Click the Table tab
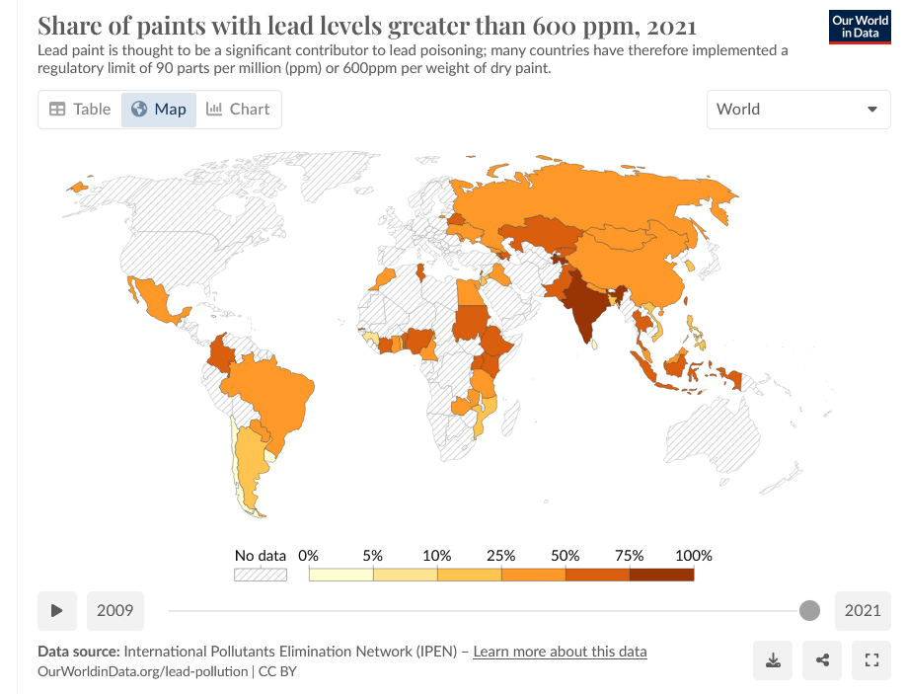click(80, 110)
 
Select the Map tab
click(159, 110)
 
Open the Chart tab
click(238, 110)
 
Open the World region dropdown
click(798, 110)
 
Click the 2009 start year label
click(115, 611)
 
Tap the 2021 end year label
click(863, 611)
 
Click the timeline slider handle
click(809, 611)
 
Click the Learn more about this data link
click(560, 652)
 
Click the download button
click(773, 660)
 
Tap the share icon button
click(822, 660)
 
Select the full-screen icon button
click(871, 660)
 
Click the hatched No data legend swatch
click(260, 574)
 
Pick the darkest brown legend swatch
click(661, 574)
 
